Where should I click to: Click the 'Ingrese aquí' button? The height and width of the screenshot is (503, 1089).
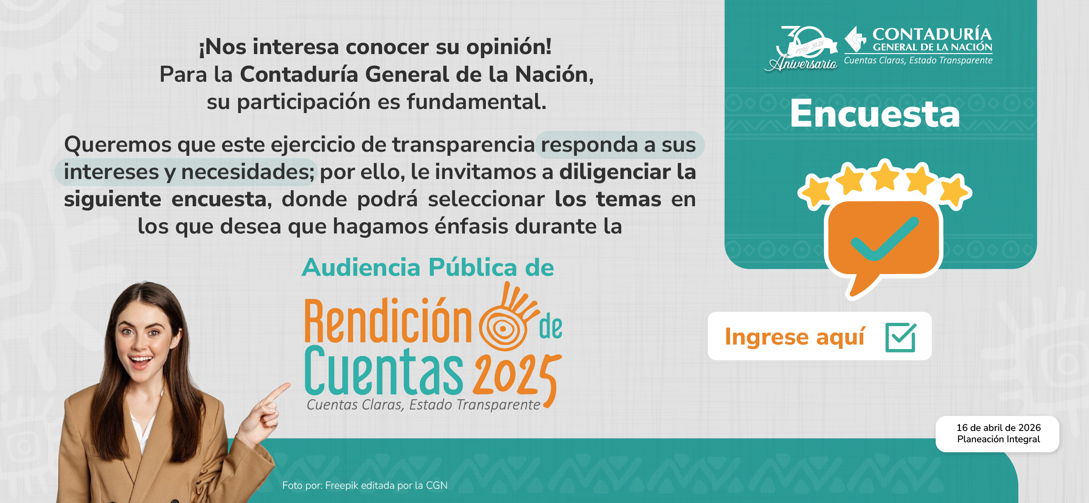819,336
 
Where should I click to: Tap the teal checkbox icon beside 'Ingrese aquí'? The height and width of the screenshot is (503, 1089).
901,337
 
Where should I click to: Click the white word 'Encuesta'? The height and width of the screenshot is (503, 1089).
875,114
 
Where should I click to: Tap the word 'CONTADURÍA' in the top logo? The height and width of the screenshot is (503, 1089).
932,34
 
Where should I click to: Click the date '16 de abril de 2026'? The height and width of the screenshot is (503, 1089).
998,428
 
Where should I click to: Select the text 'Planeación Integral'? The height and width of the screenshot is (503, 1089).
998,439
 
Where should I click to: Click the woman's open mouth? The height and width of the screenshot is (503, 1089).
141,360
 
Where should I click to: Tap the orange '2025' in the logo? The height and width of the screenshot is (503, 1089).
516,374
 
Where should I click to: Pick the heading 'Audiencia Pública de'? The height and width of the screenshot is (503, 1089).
427,267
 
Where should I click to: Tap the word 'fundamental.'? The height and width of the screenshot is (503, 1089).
477,102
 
